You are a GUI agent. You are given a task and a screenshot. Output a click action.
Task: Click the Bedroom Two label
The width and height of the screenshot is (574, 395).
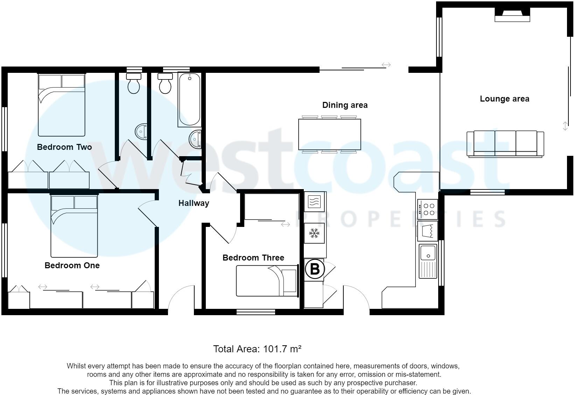click(x=64, y=147)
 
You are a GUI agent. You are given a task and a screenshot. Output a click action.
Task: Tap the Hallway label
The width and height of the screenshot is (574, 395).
click(x=194, y=203)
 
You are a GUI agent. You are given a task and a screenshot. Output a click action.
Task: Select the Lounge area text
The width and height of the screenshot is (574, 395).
click(x=504, y=99)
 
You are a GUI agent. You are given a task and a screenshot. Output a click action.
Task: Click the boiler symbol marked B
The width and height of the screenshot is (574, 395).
click(x=315, y=269)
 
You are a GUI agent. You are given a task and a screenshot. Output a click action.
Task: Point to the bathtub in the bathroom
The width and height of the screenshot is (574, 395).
click(x=189, y=99)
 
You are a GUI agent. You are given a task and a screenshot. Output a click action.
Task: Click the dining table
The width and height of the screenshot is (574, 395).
click(x=329, y=134)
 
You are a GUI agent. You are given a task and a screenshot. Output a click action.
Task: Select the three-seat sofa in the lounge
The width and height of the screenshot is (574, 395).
click(x=505, y=143)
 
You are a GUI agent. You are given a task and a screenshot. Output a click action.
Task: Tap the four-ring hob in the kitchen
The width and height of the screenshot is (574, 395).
click(x=428, y=209)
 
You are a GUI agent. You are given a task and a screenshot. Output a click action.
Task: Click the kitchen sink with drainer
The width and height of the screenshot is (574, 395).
click(x=428, y=261)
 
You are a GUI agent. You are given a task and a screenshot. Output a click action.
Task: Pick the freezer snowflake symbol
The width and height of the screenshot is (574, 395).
click(x=314, y=233)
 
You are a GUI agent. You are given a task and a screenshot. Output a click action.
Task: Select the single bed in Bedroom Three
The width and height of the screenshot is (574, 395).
click(x=266, y=281)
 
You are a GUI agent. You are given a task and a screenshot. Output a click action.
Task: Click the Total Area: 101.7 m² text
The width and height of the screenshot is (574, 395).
click(x=257, y=349)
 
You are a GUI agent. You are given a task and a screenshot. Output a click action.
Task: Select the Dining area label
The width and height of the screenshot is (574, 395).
click(x=345, y=105)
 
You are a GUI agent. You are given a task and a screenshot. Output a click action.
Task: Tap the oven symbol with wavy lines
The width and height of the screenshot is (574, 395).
click(x=314, y=202)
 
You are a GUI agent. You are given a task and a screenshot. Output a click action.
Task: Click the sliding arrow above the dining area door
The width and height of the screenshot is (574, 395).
click(x=386, y=65)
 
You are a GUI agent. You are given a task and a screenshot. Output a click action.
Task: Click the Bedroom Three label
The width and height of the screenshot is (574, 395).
click(x=253, y=258)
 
